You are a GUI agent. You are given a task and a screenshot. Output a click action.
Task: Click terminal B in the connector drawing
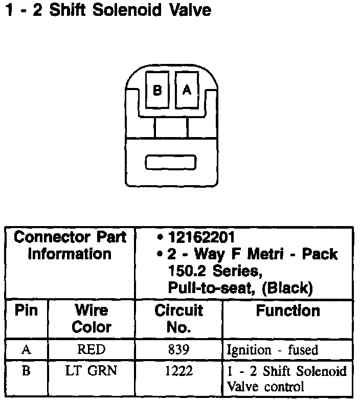point(157,90)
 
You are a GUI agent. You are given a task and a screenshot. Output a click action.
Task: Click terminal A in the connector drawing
point(187,90)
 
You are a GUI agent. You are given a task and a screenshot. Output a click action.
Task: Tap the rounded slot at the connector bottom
point(170,162)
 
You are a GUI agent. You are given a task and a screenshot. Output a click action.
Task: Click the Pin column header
point(26,310)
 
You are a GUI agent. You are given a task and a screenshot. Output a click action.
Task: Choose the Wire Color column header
point(92,318)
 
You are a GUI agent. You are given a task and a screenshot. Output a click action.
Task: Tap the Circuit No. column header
point(178,318)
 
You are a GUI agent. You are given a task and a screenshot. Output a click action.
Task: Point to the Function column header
point(288,310)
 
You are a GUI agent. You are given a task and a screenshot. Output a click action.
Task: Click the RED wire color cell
point(92,350)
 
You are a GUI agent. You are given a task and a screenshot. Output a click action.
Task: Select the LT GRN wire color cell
point(92,371)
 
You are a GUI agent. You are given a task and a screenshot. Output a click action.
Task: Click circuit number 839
point(178,350)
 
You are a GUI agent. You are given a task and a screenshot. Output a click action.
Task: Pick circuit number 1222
point(178,371)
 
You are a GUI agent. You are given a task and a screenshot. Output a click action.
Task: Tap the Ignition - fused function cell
point(273,350)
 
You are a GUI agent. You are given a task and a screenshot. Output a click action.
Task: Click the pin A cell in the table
point(26,350)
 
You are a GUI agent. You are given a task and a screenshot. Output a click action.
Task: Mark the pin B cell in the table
point(26,371)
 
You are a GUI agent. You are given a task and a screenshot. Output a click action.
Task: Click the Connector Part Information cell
point(70,246)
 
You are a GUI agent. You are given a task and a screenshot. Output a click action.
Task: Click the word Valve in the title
point(190,10)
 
